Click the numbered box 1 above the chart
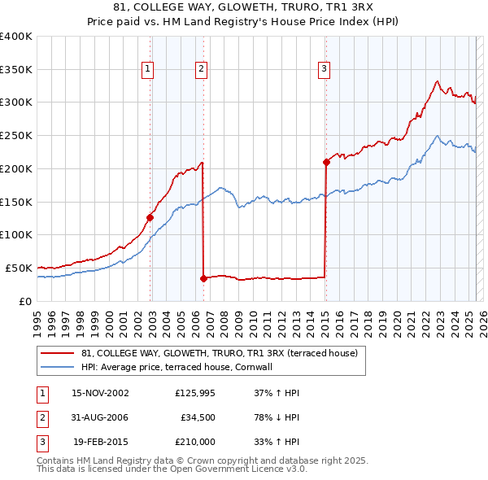[x=148, y=70]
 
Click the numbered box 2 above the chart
[x=200, y=70]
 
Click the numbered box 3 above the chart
[x=324, y=70]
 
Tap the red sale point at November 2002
[x=150, y=217]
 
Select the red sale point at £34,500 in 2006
[x=203, y=277]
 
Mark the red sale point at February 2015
[x=325, y=162]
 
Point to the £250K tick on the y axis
[x=16, y=136]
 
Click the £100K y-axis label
[x=16, y=235]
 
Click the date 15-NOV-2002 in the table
[x=101, y=393]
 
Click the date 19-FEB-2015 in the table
[x=101, y=442]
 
